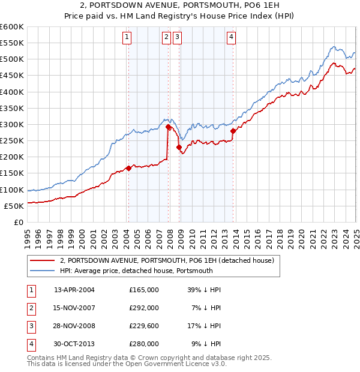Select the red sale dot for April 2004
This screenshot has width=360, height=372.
pos(128,169)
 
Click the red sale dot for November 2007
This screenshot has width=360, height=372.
pos(168,127)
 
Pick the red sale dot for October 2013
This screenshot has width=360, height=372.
pos(233,131)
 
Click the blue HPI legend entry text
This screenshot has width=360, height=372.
pos(136,271)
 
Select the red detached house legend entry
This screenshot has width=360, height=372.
pos(167,260)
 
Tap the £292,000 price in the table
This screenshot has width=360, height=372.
pos(144,308)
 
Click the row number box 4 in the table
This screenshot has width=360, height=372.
pos(30,344)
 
